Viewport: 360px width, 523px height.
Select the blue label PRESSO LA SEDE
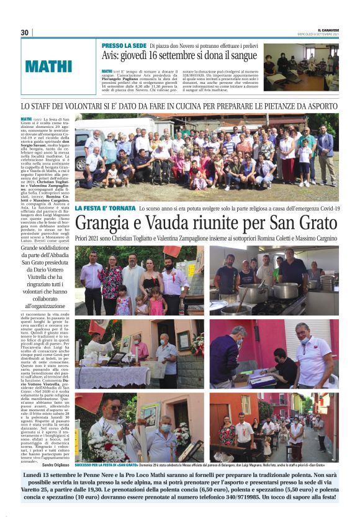coord(124,46)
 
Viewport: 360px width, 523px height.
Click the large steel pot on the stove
coord(286,291)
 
